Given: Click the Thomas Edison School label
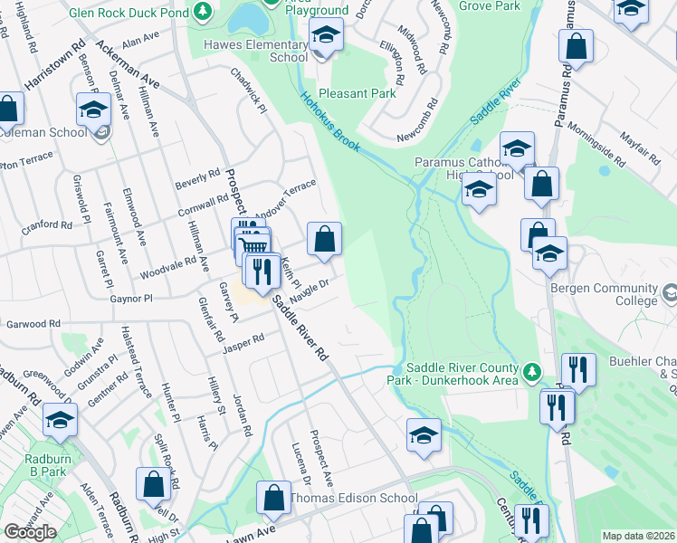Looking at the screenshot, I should point(353,498).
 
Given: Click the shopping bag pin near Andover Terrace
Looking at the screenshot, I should point(324,240).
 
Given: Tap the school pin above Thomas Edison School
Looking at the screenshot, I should point(423,434).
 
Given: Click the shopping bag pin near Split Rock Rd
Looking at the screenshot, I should point(153,484).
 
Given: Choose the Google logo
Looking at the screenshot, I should point(29,532).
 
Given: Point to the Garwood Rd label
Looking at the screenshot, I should point(33,323).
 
